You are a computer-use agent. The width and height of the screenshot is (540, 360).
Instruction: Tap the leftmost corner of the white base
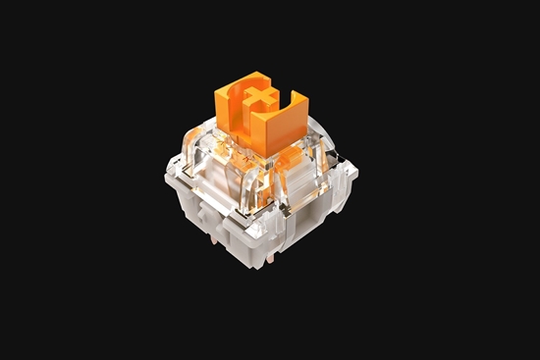coord(164,180)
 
